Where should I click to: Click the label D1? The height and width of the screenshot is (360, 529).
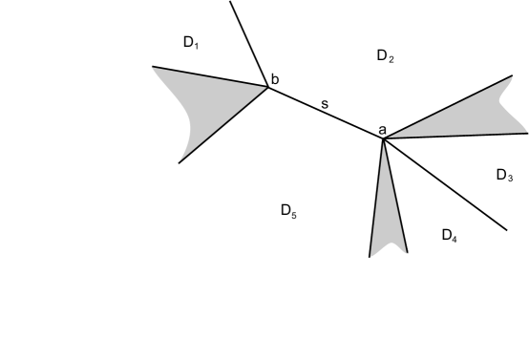(x=191, y=43)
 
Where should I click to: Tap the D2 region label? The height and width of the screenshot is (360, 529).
(x=385, y=57)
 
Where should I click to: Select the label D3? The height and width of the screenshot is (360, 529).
(x=505, y=176)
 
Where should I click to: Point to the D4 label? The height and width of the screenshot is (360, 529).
(x=450, y=235)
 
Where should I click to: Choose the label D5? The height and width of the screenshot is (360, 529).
(x=288, y=211)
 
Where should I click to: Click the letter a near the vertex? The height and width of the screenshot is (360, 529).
(x=382, y=129)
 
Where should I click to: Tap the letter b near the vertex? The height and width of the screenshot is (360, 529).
(x=275, y=79)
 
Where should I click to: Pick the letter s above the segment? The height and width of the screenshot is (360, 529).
(x=325, y=101)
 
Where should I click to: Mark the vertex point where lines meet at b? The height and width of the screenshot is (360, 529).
(x=268, y=87)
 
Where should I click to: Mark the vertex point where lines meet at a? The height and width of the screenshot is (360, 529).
(x=383, y=139)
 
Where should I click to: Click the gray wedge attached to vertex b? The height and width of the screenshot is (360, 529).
(x=215, y=105)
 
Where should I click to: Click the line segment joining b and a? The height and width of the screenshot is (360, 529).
(x=325, y=113)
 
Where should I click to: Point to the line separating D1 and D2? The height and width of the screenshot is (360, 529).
(x=249, y=44)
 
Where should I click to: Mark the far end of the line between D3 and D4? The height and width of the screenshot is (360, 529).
(x=506, y=230)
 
